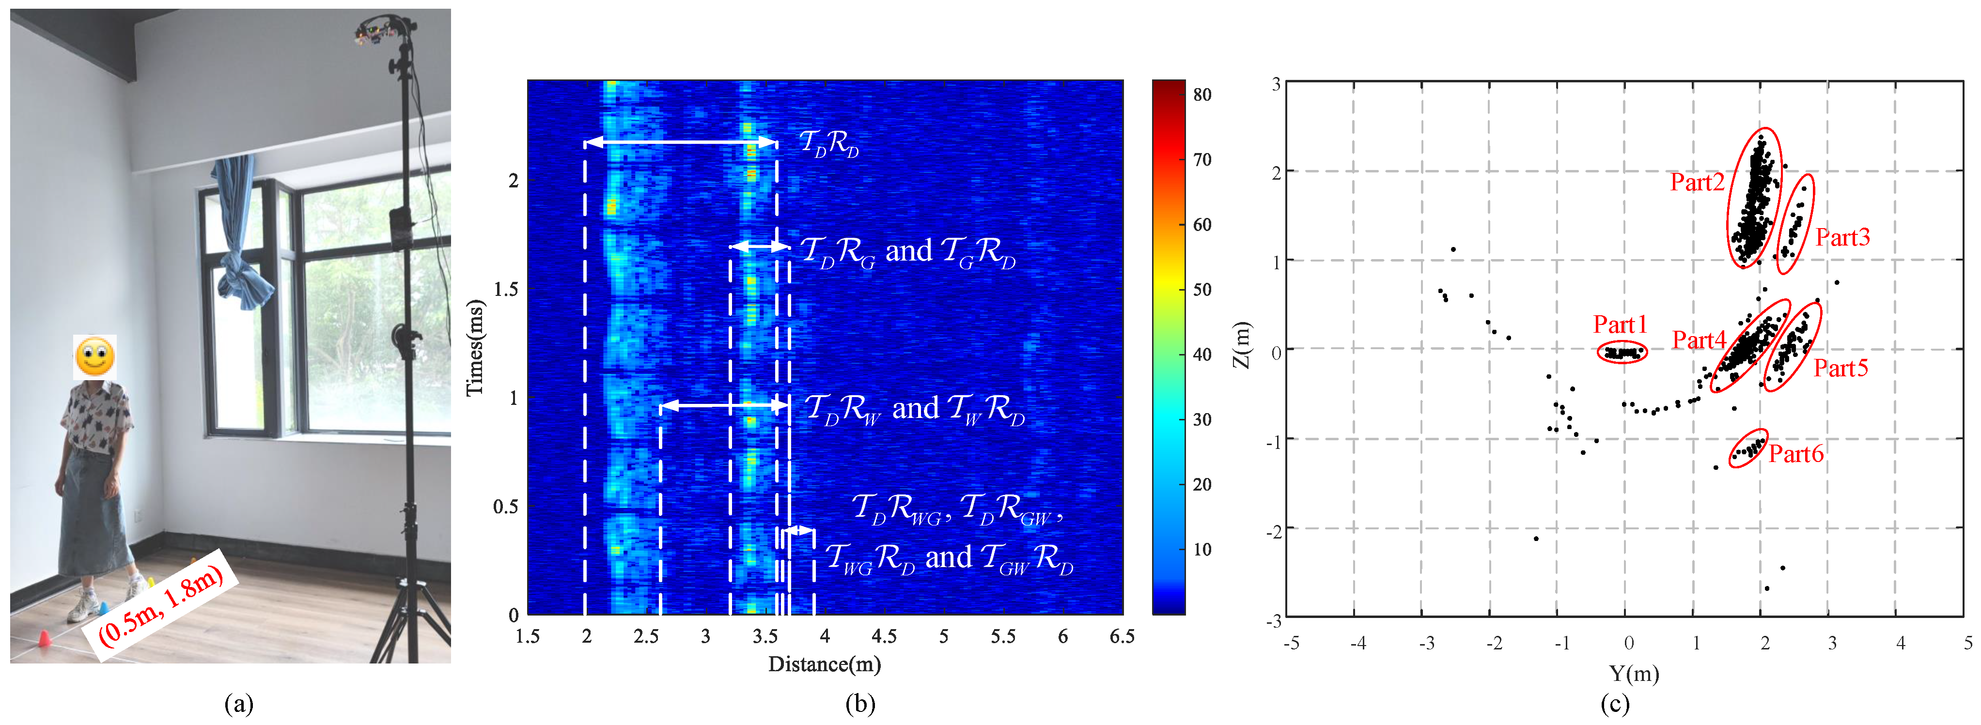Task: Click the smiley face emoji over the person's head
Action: (x=94, y=357)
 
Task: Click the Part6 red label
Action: (x=1795, y=454)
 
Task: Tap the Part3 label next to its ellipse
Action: (x=1842, y=238)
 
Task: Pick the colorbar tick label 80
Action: (x=1202, y=94)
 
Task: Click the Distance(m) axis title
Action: (x=825, y=664)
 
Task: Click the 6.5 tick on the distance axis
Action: (x=1121, y=636)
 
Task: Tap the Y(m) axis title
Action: (x=1634, y=674)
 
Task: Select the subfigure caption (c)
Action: (x=1614, y=704)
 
